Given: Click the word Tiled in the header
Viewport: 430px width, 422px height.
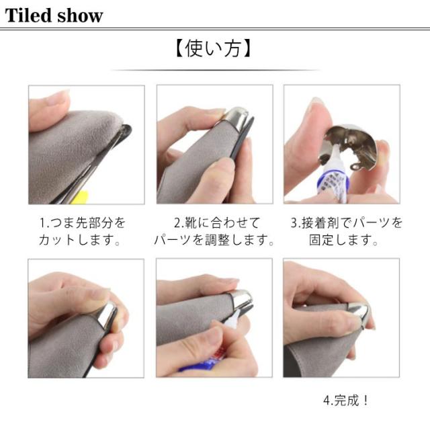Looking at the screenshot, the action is tap(28, 15).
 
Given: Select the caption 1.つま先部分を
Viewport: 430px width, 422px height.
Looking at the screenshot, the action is tap(83, 222).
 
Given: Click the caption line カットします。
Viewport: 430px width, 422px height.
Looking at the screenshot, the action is tap(79, 240).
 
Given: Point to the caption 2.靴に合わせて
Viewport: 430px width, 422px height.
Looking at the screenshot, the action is tap(216, 222).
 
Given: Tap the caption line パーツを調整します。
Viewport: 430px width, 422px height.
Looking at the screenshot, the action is tap(214, 240).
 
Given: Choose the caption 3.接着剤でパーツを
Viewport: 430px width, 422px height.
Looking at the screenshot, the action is tap(347, 222).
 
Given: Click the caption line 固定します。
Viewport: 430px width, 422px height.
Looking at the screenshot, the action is tap(343, 240).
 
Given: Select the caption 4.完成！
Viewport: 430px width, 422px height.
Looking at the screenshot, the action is tap(346, 400).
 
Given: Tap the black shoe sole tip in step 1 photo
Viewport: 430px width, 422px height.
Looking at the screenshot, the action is tap(126, 132).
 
